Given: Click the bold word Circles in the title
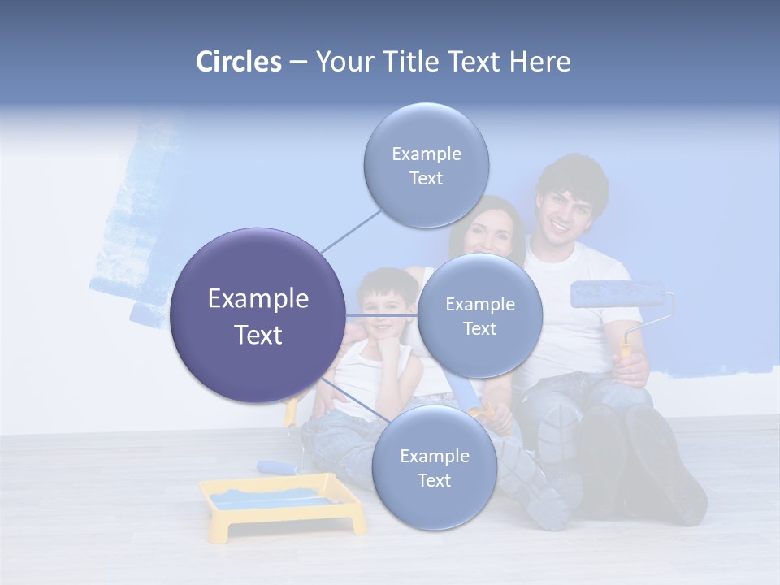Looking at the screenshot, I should pos(239,62).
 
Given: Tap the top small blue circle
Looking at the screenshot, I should pos(427,166).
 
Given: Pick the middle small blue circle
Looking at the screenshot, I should pos(480,316).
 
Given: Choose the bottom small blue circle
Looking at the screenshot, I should pos(434,468).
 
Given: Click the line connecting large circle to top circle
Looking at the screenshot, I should pos(351,230).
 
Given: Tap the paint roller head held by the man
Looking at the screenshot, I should pos(617,294).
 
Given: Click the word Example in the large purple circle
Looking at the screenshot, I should pos(258,298).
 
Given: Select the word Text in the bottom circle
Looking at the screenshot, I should pos(434,480).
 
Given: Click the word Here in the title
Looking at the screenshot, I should pos(540,62).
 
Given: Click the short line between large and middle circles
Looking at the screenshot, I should pos(382,315).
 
